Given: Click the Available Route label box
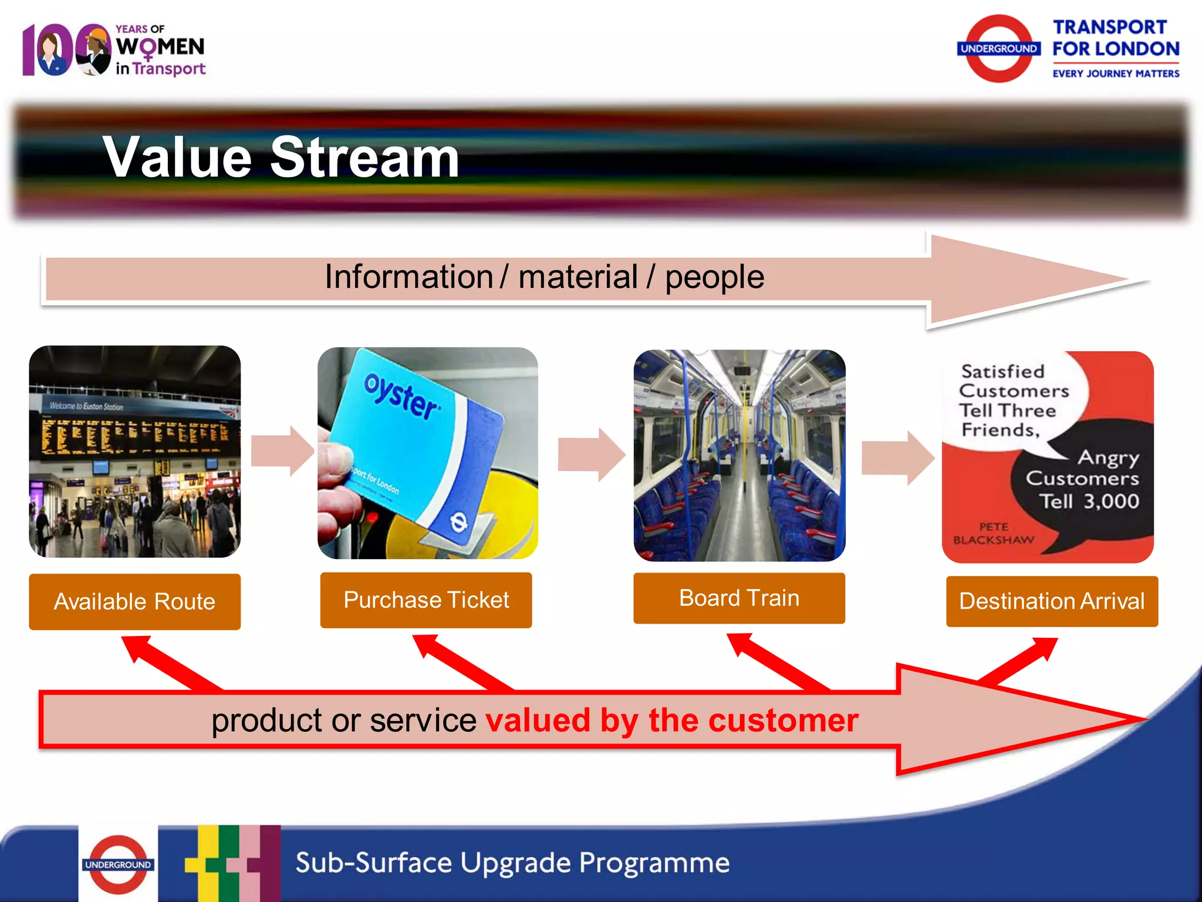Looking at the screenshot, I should (x=134, y=601).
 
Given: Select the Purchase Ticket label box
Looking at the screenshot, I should (x=426, y=600).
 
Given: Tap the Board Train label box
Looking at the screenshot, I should (x=739, y=598).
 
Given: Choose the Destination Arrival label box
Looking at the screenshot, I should (x=1051, y=601).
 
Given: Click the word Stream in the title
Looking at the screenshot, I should (x=364, y=157).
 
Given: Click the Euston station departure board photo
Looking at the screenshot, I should (x=134, y=451).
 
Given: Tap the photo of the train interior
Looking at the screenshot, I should (x=739, y=455).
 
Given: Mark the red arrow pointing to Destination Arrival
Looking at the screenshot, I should (x=1021, y=661).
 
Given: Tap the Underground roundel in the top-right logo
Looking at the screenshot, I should (x=998, y=49).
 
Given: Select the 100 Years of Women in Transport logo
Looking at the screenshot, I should (x=114, y=50).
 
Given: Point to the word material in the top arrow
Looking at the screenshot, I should (x=578, y=277).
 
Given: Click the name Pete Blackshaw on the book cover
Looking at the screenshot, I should (x=993, y=533).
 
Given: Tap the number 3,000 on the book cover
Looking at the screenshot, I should (x=1110, y=501).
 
